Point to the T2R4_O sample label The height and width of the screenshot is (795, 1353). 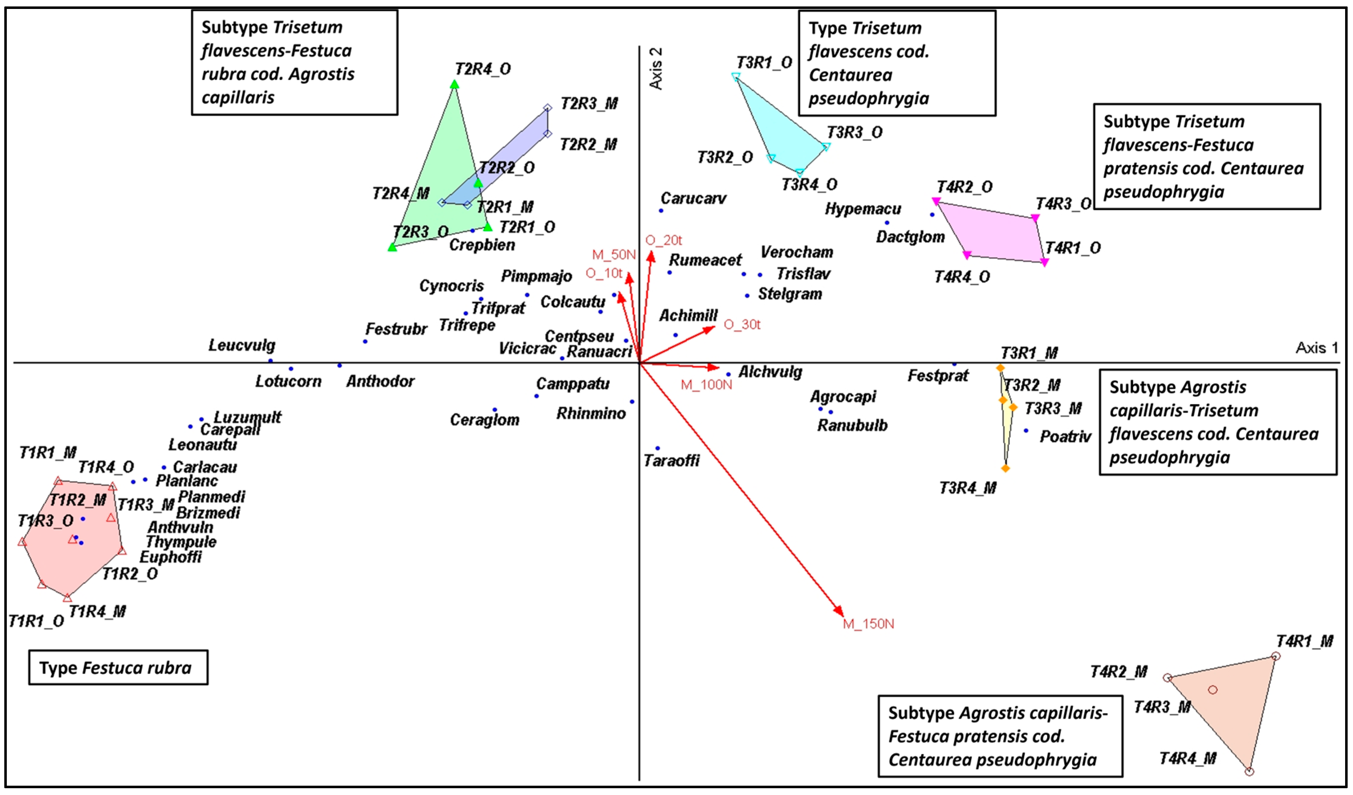click(483, 69)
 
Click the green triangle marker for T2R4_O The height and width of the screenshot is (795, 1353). click(454, 84)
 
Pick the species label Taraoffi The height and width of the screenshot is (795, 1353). click(671, 460)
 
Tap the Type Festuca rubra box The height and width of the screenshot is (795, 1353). click(118, 668)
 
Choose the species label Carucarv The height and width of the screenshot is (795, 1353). click(693, 199)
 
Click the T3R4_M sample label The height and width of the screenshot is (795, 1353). click(967, 488)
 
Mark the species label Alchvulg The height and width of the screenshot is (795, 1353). click(770, 372)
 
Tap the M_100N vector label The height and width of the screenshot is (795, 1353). click(706, 385)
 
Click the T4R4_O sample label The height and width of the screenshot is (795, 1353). click(962, 277)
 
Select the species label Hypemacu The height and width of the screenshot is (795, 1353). click(863, 209)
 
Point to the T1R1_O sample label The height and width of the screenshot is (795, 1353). click(36, 621)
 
